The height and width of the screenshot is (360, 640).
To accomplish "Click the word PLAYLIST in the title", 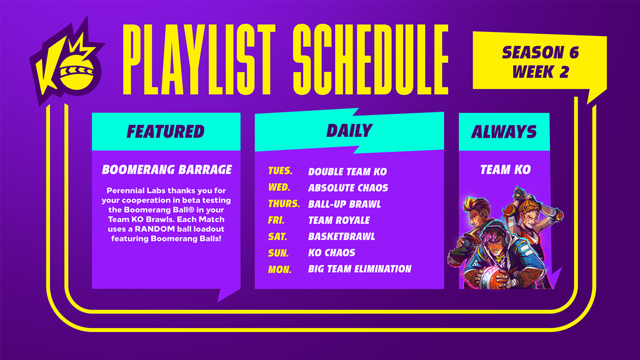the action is pos(199,59).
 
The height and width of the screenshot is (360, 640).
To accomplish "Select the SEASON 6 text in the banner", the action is pos(541,52).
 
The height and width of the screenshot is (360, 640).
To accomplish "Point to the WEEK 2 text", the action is pos(541,72).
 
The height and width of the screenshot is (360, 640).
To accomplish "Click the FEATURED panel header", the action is pos(166,131).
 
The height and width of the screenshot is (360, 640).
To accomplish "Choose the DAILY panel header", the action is pos(350,131).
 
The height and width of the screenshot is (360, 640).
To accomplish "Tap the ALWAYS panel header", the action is pos(504,131).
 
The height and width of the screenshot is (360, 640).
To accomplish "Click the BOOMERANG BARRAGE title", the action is pos(167,169).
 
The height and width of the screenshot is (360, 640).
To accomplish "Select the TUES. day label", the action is pos(280,170).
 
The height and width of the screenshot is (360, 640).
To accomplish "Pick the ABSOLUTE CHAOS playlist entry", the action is pos(348,188).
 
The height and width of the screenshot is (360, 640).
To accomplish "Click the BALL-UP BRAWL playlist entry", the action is pos(344,204).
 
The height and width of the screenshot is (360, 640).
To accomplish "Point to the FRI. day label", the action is pos(276,220).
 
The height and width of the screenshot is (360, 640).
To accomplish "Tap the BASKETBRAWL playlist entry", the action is pos(342,236).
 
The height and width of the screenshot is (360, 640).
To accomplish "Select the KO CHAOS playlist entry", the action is pos(332,252).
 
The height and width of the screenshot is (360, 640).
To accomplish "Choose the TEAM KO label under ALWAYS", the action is pos(505,169).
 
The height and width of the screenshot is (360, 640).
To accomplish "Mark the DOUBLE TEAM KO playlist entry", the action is pos(347,172).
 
